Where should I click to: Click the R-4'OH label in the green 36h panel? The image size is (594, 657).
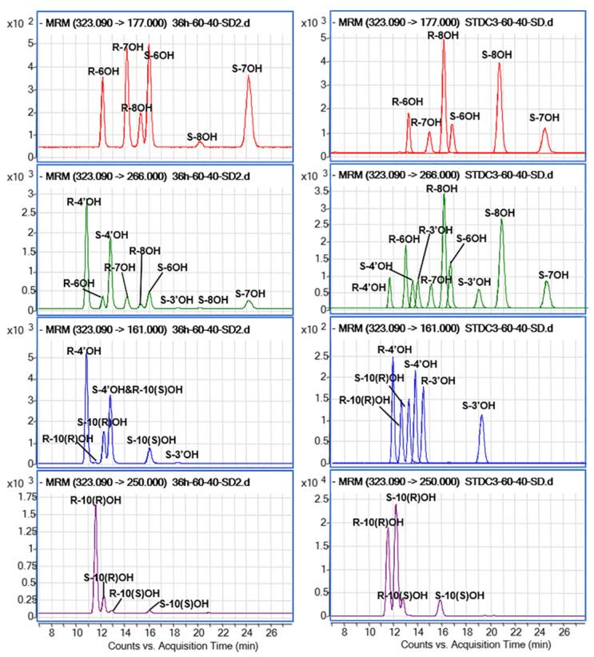point(82,201)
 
